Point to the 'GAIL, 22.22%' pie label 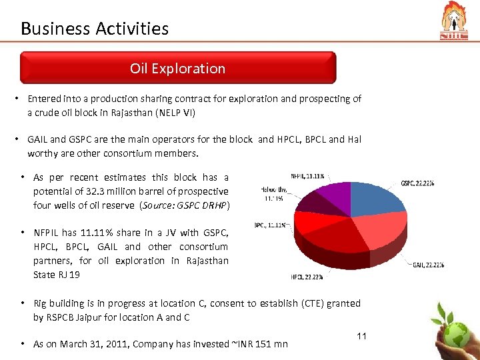pyautogui.click(x=428, y=265)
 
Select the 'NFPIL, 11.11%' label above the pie pyautogui.click(x=307, y=176)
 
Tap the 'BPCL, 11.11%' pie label pyautogui.click(x=271, y=225)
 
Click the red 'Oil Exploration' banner pyautogui.click(x=177, y=69)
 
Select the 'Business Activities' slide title pyautogui.click(x=95, y=29)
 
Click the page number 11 pyautogui.click(x=362, y=335)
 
